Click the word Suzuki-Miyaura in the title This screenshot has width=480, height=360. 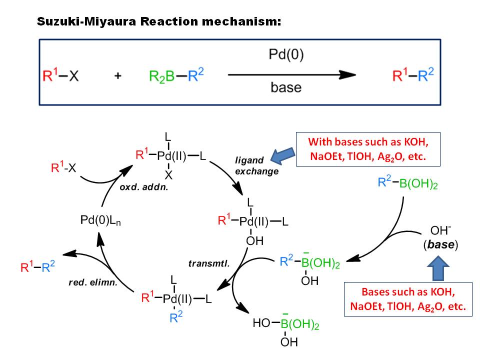86,21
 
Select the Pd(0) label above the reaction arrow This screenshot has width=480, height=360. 286,54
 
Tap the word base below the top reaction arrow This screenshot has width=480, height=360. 286,87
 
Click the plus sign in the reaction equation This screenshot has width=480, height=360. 118,75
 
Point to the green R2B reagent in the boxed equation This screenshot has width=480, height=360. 161,76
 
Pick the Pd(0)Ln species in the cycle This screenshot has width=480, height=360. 100,220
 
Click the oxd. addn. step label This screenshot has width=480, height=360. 144,187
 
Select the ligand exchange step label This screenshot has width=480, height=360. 257,165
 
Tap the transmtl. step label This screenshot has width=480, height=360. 209,263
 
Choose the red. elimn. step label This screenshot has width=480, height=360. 93,282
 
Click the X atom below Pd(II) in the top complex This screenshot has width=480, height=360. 168,175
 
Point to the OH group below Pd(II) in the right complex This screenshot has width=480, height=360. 254,241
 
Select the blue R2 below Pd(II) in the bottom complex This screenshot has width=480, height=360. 175,317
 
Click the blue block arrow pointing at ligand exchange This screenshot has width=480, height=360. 282,155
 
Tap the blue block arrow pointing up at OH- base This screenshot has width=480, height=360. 438,268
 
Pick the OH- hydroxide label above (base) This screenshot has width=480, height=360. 440,230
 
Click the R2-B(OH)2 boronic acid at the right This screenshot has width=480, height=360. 408,182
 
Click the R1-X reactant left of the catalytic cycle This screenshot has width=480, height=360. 63,167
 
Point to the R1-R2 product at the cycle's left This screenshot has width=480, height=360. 37,266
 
